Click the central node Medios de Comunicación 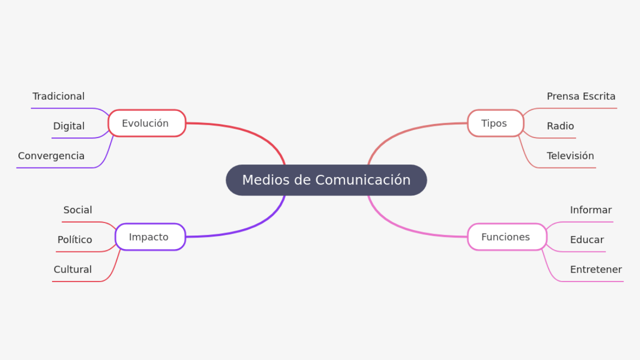(326, 180)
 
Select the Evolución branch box (146, 123)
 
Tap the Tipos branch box (495, 123)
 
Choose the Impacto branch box (150, 237)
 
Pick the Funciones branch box (506, 237)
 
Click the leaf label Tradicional (58, 96)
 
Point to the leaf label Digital (69, 126)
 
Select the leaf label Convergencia (51, 156)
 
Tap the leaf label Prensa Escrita (581, 96)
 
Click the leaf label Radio (560, 126)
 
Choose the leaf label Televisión (570, 156)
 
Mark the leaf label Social (77, 210)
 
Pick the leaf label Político (74, 240)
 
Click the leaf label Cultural (72, 269)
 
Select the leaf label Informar (590, 210)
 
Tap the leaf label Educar (586, 240)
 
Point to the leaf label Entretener (595, 269)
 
